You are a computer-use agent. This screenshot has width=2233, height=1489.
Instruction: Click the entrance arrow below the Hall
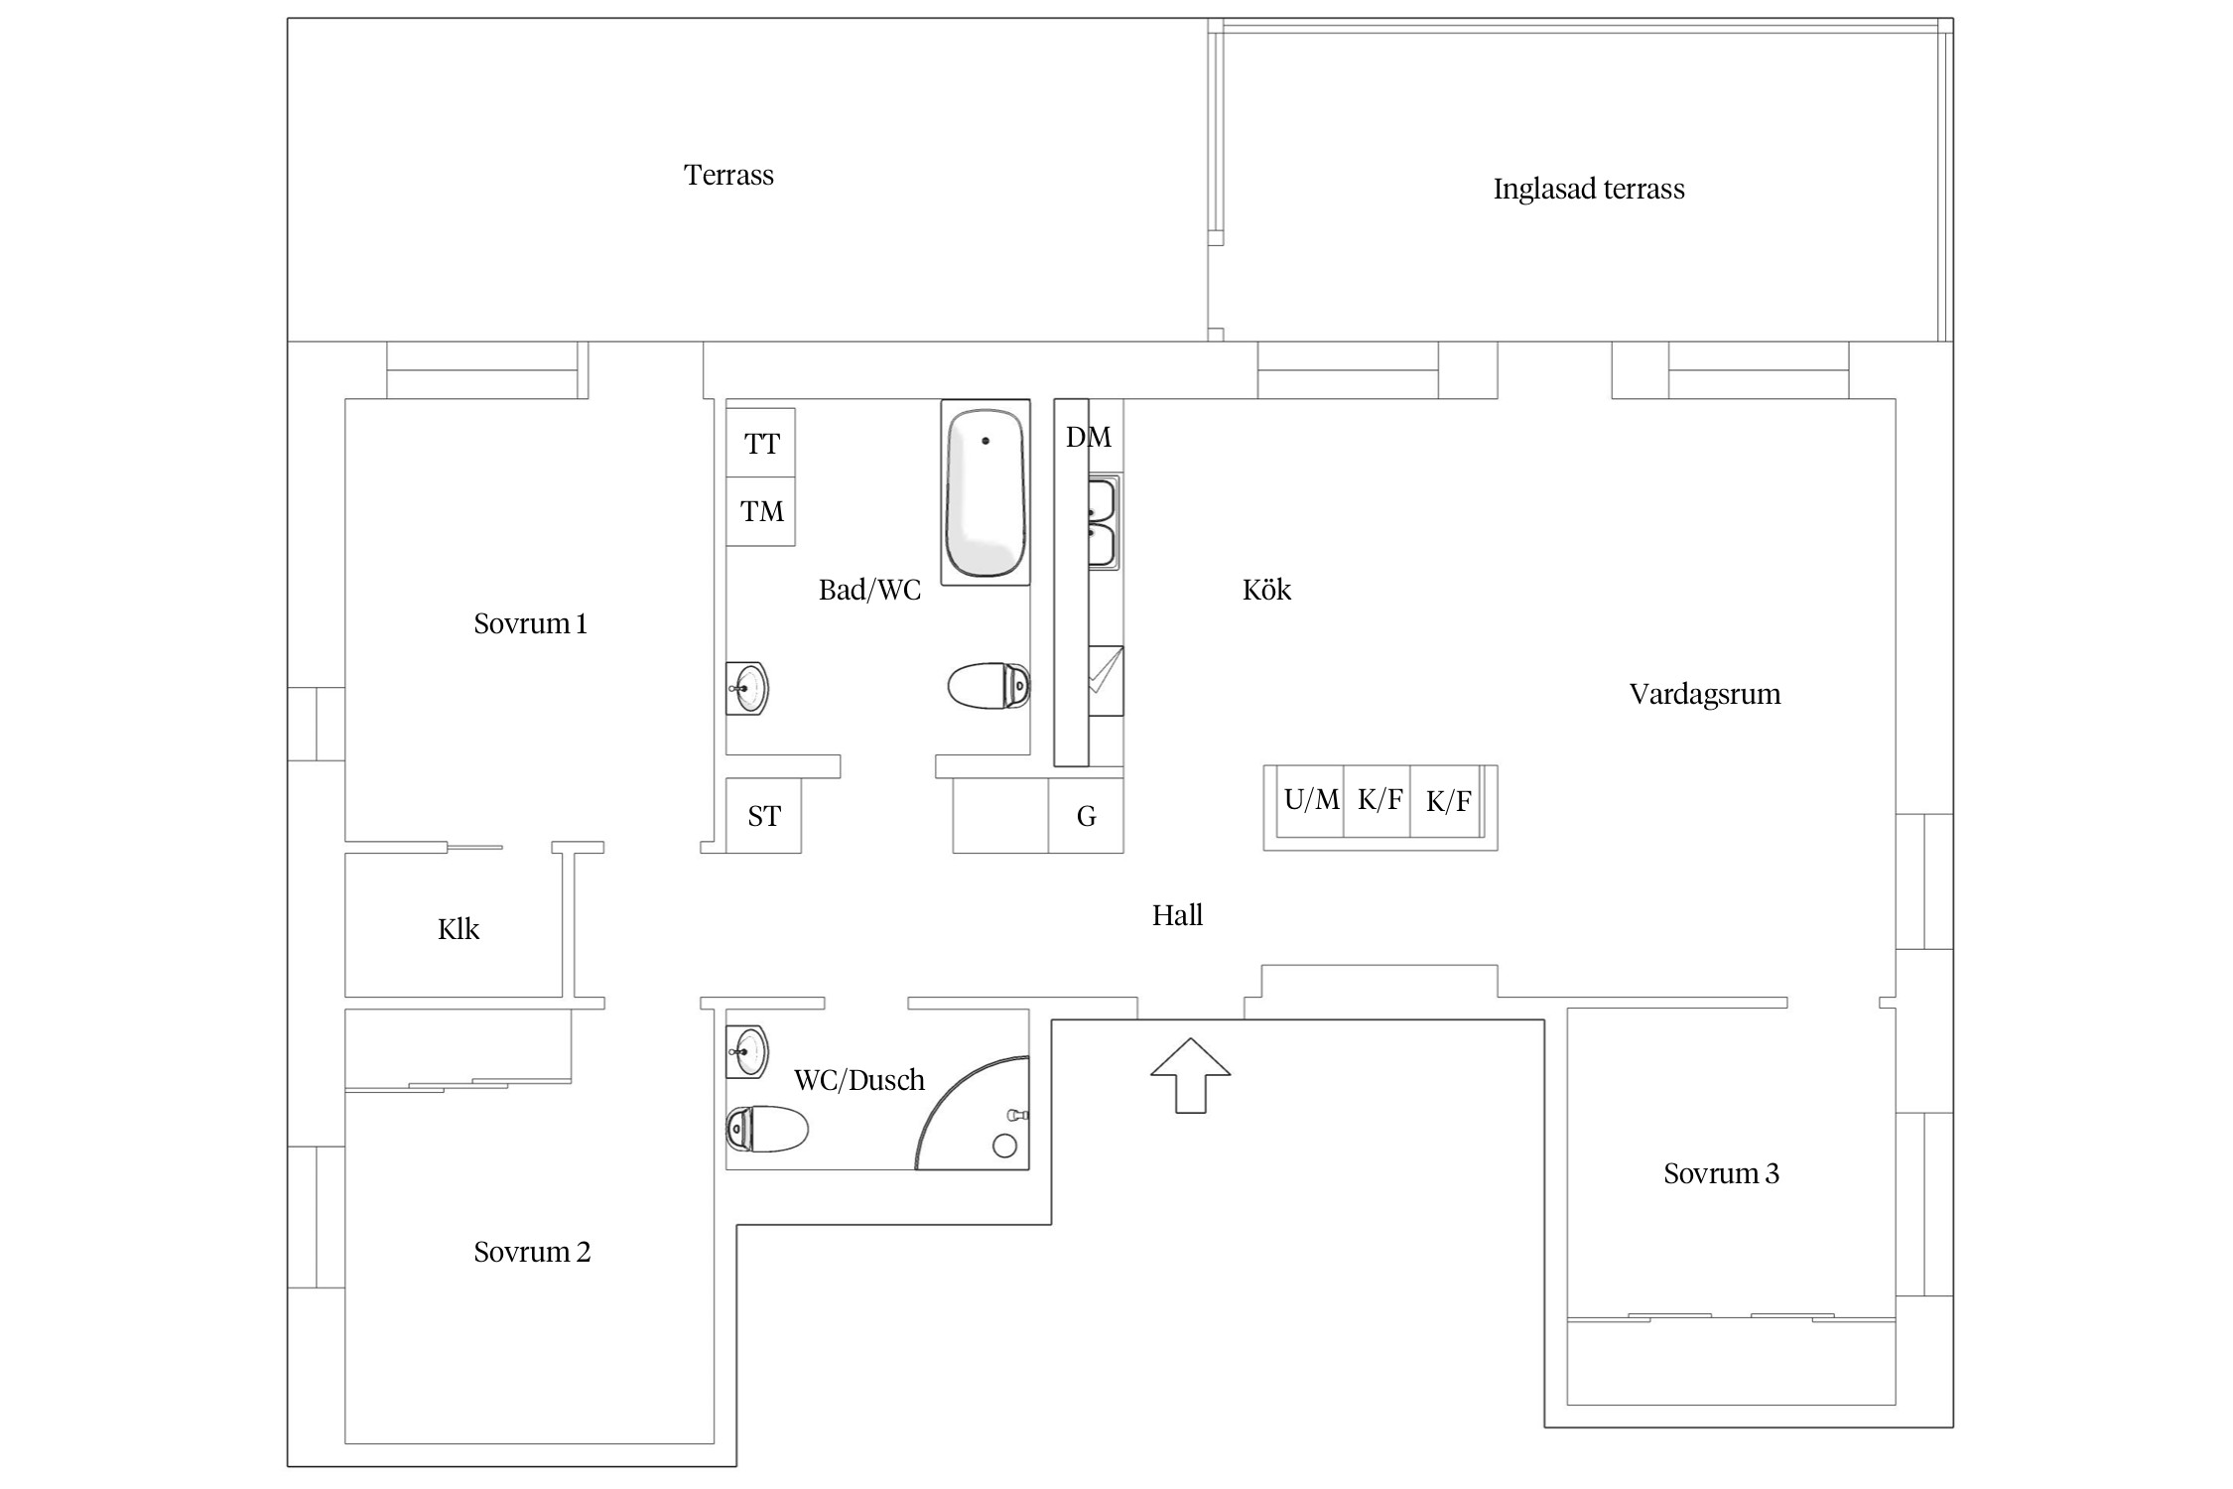tap(1190, 1075)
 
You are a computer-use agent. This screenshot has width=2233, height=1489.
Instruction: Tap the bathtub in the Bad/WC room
tap(985, 492)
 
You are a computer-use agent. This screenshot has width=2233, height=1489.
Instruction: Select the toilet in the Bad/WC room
tap(988, 685)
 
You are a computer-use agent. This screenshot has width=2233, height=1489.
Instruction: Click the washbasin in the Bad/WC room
tap(747, 688)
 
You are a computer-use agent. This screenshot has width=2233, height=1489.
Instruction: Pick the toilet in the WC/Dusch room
tap(767, 1129)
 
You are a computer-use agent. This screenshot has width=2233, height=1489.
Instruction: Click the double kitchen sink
tap(1104, 522)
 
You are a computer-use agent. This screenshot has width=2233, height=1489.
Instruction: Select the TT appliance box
tap(761, 443)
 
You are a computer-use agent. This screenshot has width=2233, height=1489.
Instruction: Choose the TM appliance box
tap(761, 511)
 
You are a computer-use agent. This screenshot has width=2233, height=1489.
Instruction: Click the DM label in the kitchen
tap(1089, 437)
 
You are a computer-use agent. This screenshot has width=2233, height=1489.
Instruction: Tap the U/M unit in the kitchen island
tap(1310, 801)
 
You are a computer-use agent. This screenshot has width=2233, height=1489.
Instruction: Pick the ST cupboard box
tap(763, 815)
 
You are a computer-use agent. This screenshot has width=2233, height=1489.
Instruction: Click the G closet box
tap(1086, 815)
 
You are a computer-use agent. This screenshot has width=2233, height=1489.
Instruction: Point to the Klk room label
tap(459, 929)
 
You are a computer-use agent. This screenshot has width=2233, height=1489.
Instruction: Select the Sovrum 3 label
tap(1721, 1173)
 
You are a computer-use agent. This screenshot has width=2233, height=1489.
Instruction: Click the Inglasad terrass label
tap(1589, 189)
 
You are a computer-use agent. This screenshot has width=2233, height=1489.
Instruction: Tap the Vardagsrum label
tap(1705, 694)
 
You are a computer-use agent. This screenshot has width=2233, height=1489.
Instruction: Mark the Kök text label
tap(1266, 590)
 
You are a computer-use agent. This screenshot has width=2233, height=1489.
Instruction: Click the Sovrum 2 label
tap(532, 1252)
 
